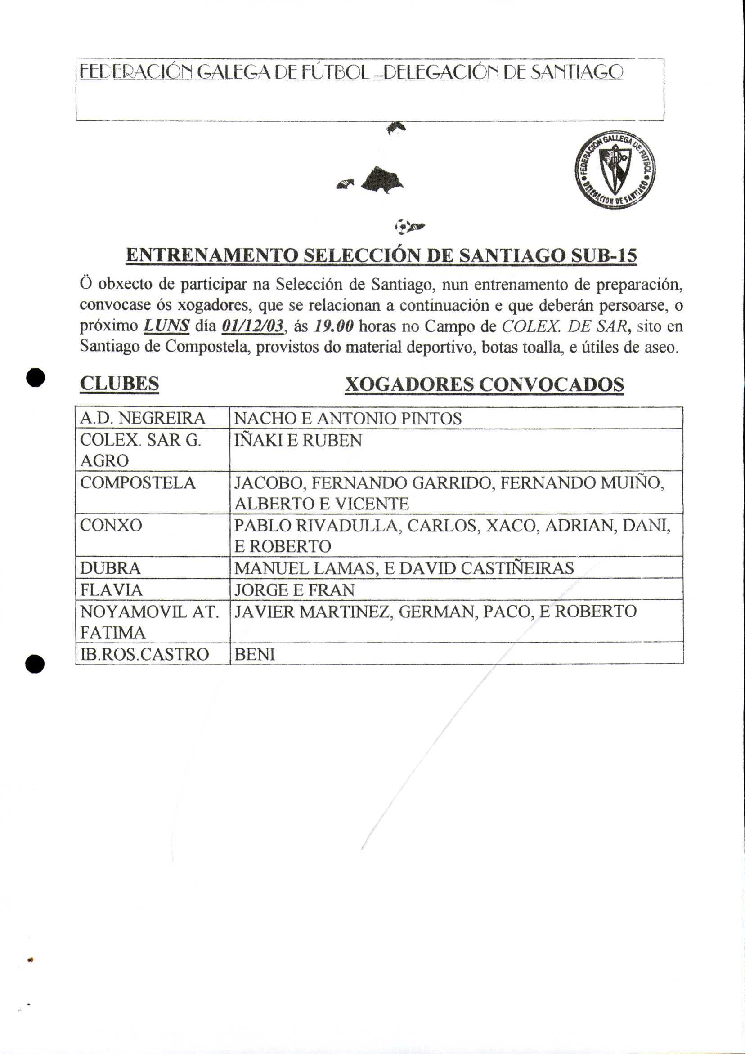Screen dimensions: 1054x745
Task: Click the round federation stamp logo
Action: click(615, 169)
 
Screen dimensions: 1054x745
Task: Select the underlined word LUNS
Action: click(167, 326)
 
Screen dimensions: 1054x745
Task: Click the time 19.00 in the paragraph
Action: click(334, 326)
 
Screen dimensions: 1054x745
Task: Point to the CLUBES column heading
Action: click(119, 384)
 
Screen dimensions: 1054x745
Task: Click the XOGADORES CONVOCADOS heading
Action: click(484, 384)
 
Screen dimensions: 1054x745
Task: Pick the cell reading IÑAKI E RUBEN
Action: click(298, 440)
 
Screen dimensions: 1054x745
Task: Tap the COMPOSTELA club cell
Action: click(138, 483)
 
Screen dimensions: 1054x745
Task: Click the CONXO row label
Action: click(111, 525)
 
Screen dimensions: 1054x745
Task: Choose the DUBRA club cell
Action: click(110, 568)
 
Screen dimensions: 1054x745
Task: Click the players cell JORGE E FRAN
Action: click(294, 590)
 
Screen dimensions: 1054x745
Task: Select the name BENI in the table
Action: click(255, 654)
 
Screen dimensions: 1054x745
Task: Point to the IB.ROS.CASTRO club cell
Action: click(145, 654)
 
